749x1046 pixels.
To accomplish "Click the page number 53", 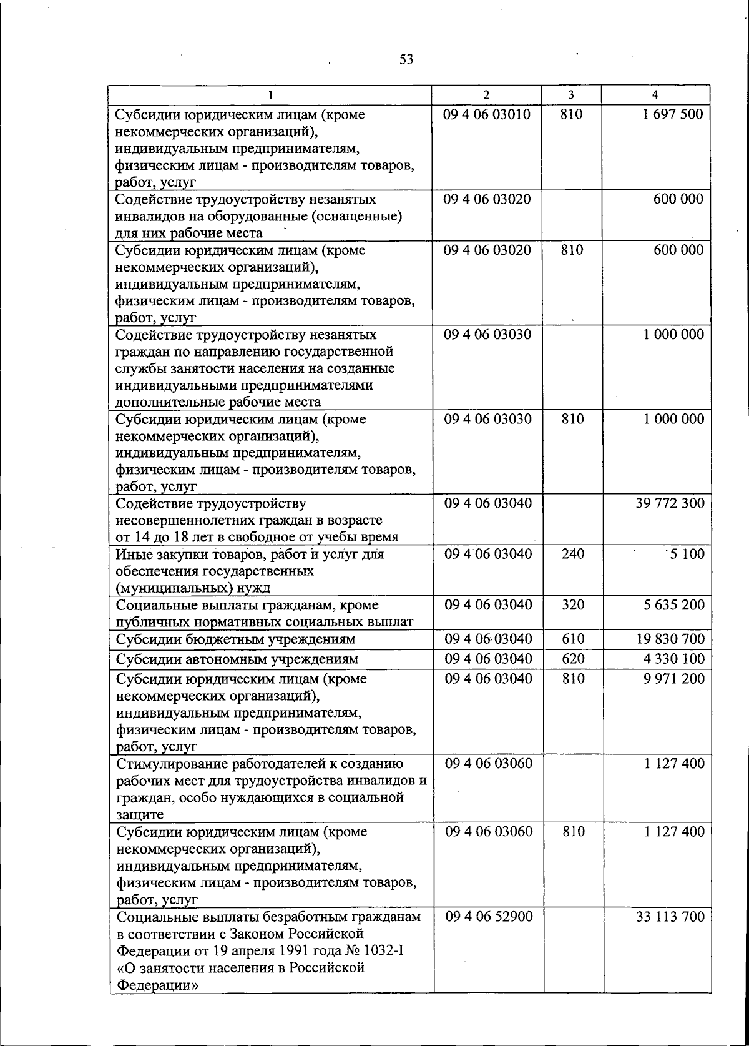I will click(x=406, y=60).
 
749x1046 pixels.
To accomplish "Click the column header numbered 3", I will click(x=571, y=94).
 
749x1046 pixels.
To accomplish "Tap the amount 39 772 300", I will click(x=670, y=503).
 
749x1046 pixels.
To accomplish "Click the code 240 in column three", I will click(x=572, y=554).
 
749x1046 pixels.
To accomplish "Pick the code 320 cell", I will click(x=572, y=605).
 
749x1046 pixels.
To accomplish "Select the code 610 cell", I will click(x=572, y=639).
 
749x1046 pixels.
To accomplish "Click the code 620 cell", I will click(x=572, y=659).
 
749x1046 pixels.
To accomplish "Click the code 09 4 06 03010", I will click(x=487, y=114).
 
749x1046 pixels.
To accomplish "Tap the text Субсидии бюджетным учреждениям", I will click(x=235, y=639).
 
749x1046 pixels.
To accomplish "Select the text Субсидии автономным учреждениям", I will click(x=237, y=659).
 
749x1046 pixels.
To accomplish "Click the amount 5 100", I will click(x=687, y=554).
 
